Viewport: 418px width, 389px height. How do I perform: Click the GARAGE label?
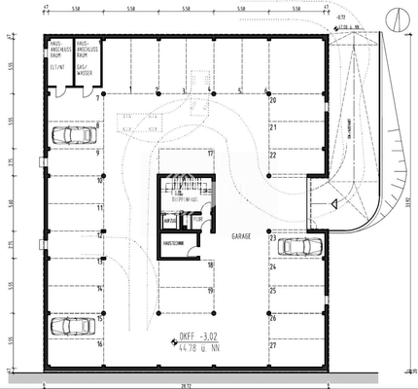242,236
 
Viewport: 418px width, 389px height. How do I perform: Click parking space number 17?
209,154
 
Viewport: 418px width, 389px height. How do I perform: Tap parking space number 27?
273,344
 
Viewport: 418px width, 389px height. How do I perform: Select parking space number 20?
273,100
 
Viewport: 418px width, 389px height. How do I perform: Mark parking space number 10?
100,180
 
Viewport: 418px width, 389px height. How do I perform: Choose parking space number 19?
209,290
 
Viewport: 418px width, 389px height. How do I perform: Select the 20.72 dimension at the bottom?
185,383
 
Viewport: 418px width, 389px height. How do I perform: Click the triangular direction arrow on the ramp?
333,204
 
